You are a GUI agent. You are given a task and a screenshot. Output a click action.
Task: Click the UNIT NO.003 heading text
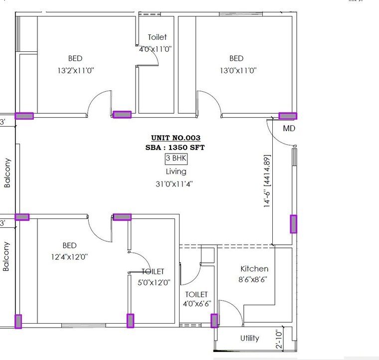(x=176, y=138)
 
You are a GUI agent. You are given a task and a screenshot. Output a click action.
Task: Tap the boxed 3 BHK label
(x=176, y=159)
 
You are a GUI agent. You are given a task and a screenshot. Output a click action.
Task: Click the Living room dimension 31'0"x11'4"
(x=174, y=183)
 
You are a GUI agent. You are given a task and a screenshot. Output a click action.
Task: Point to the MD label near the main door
(x=289, y=129)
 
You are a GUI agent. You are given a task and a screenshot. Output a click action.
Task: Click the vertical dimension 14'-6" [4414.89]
(x=267, y=182)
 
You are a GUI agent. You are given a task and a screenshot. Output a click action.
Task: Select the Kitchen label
(x=254, y=269)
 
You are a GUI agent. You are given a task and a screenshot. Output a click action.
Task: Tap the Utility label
(x=249, y=338)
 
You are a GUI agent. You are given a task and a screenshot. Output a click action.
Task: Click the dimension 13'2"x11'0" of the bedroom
(x=75, y=71)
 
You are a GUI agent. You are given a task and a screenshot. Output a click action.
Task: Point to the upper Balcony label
(x=7, y=173)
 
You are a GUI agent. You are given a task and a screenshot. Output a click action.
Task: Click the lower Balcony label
(x=7, y=257)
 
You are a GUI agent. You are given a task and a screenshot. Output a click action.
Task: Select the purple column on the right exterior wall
(x=293, y=224)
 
